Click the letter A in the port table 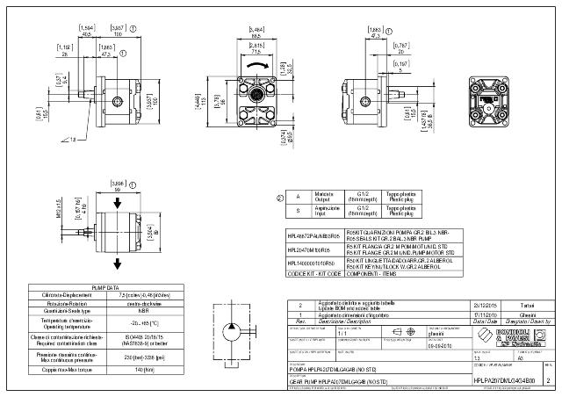pyautogui.click(x=299, y=198)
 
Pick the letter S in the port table pyautogui.click(x=299, y=211)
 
